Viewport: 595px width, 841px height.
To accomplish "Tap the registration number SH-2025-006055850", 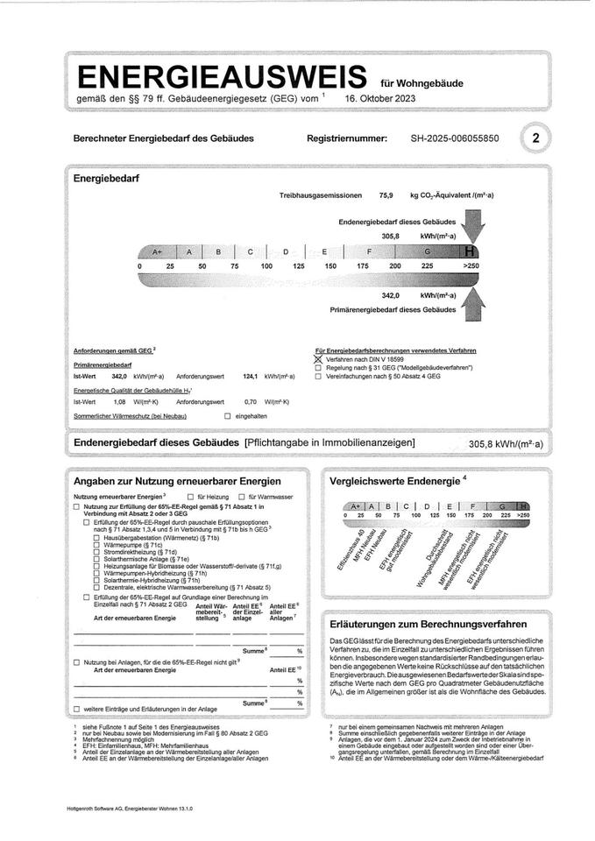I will [455, 138].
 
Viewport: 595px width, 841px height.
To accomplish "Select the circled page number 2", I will [535, 138].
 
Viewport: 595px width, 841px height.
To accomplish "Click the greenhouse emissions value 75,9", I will [386, 195].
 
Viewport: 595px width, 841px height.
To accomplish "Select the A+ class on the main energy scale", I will [158, 251].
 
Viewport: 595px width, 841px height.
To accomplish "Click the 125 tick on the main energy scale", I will [299, 265].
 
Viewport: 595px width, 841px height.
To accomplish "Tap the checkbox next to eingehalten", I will [228, 416].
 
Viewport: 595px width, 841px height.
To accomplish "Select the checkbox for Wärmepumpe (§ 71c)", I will [96, 546].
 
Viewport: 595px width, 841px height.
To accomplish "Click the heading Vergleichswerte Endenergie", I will [393, 482].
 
